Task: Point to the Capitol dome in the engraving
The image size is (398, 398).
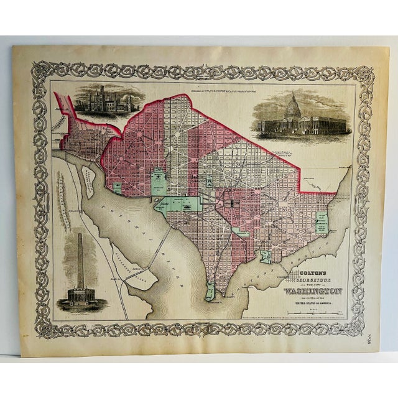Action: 292,108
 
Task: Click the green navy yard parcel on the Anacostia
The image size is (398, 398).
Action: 266,256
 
